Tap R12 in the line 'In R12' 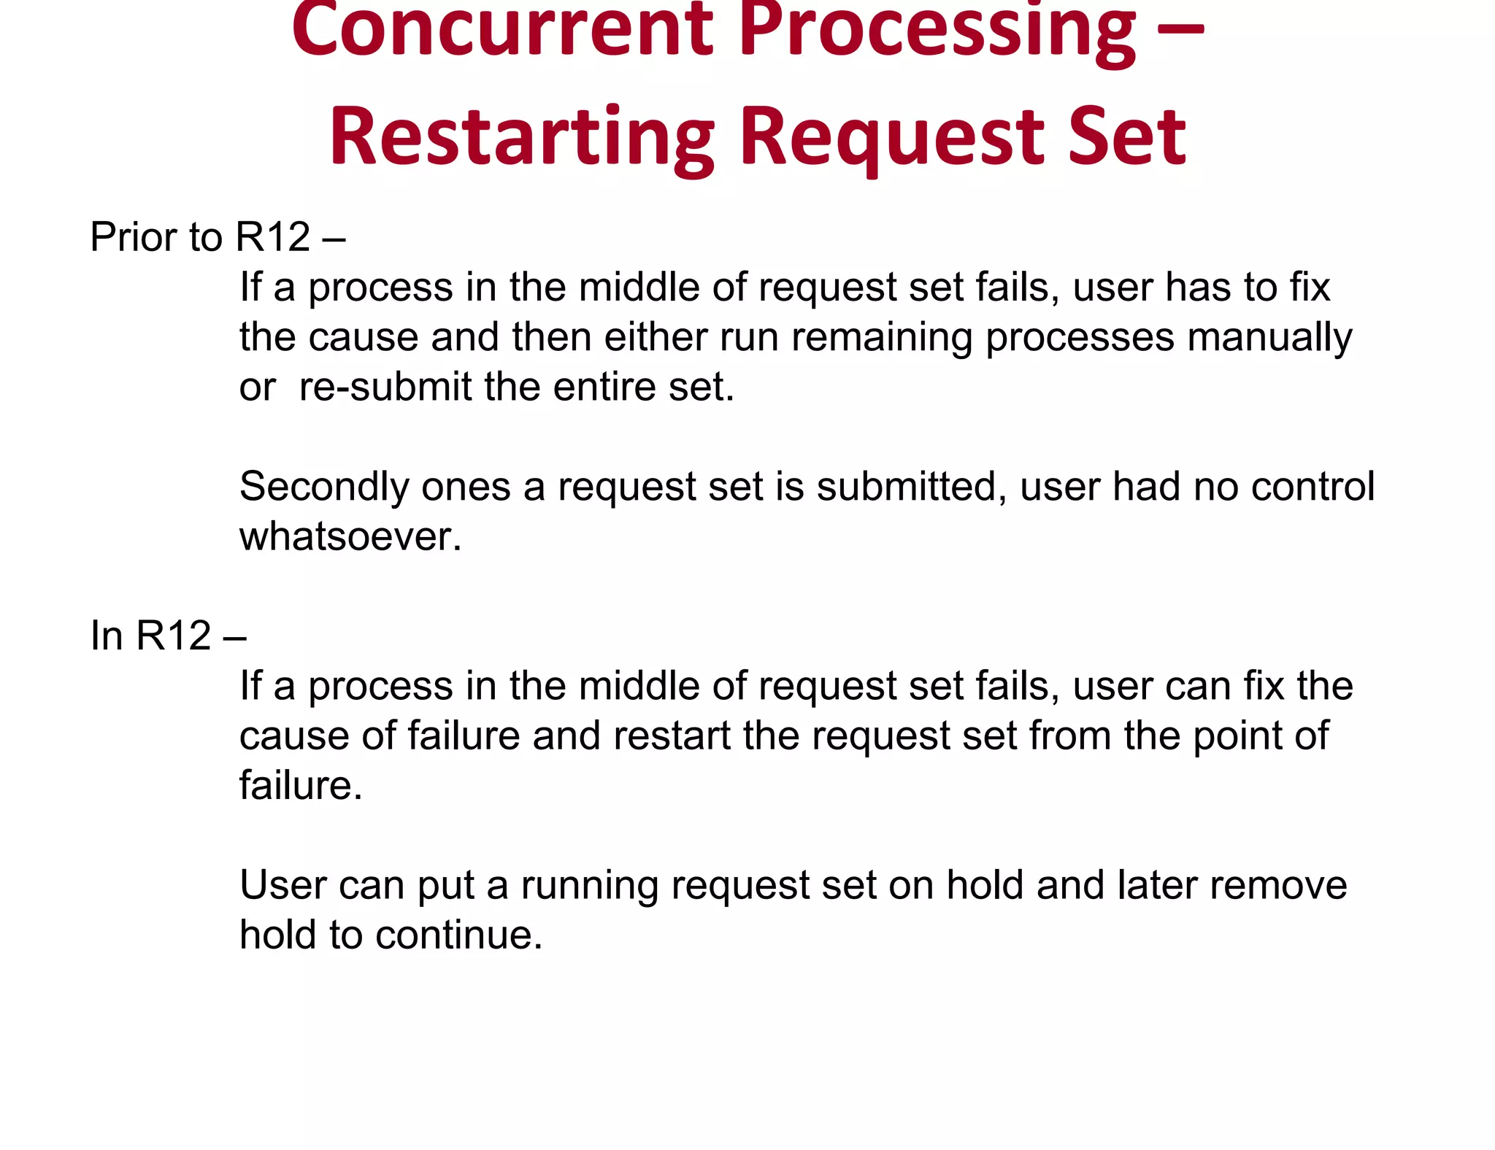174,636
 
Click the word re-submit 385,387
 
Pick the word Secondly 323,487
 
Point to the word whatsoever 350,536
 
